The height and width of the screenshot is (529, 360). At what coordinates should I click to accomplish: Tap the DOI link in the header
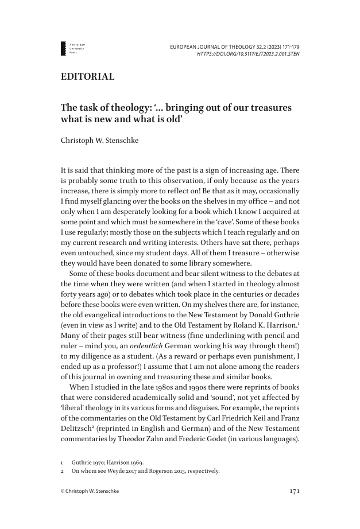tap(248, 53)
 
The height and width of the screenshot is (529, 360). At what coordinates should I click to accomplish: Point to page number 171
tap(293, 491)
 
